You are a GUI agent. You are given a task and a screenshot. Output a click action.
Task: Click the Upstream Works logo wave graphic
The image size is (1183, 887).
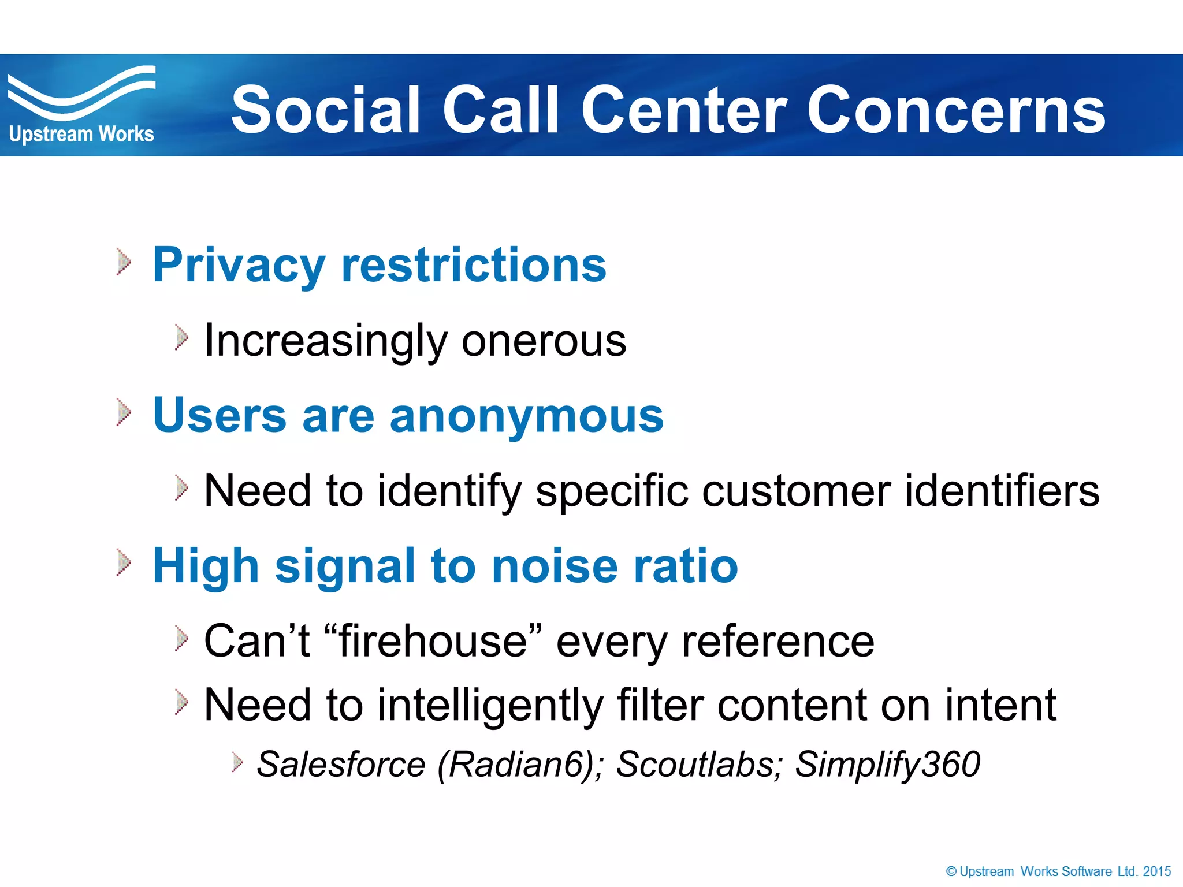point(81,92)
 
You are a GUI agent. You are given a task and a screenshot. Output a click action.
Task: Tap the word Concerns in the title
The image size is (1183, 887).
point(955,110)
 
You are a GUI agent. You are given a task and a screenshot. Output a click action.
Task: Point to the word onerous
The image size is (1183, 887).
point(544,341)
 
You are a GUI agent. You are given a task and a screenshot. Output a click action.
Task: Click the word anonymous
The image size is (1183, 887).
point(526,416)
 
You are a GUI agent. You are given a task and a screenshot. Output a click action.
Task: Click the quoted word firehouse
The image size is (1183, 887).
point(433,641)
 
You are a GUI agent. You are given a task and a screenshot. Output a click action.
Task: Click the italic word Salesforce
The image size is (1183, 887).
point(341,765)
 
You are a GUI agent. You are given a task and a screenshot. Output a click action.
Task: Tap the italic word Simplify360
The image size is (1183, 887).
point(887,765)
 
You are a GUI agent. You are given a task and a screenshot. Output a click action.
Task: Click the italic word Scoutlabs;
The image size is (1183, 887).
point(700,765)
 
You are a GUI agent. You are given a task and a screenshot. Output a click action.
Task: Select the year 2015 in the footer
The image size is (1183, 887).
point(1156,871)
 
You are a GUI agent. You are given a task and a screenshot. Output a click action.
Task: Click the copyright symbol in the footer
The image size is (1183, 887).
point(951,871)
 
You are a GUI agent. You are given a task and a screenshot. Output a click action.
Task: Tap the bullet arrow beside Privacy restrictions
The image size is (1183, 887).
point(123,262)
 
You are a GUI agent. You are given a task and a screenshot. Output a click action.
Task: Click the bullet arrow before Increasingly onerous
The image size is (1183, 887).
point(181,338)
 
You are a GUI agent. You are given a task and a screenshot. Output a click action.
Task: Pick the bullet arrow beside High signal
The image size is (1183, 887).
point(123,562)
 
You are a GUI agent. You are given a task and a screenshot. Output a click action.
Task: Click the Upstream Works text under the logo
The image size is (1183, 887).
point(81,134)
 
